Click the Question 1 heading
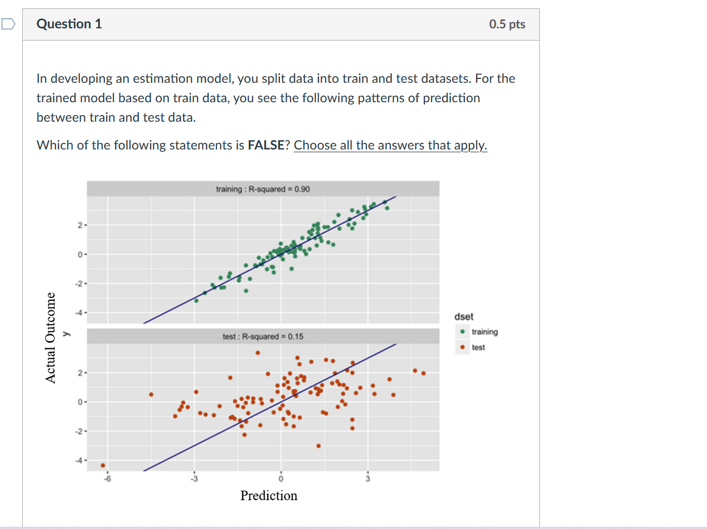(x=69, y=24)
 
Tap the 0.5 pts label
(x=507, y=24)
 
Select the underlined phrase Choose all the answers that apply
(x=390, y=146)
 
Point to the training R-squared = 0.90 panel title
(x=263, y=189)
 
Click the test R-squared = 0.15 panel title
(x=263, y=337)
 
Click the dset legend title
(x=464, y=317)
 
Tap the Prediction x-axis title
(x=269, y=496)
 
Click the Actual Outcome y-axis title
(x=51, y=337)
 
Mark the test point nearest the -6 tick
(x=103, y=465)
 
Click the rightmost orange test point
(x=423, y=373)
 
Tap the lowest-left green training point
(x=196, y=300)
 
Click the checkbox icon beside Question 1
(x=8, y=24)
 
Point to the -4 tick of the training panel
(x=80, y=312)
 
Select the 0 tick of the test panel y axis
(x=80, y=401)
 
